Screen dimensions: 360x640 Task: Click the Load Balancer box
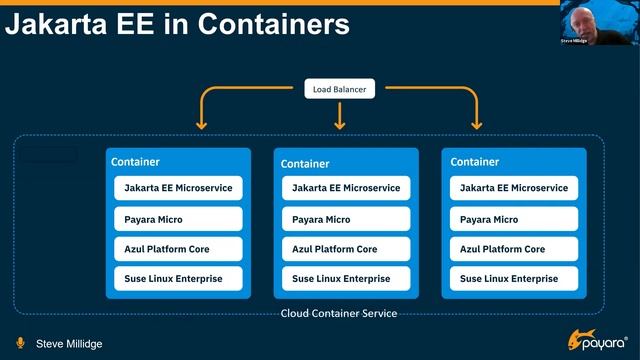339,89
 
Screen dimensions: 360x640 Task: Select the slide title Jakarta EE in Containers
177,24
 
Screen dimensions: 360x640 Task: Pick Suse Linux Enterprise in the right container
514,278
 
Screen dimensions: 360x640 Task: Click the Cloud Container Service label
338,313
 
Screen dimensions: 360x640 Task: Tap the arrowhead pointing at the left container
201,125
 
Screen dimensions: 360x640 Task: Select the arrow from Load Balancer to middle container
339,114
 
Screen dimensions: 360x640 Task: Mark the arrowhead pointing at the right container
477,125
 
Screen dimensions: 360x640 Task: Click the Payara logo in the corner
597,340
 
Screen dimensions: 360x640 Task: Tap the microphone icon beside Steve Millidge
19,343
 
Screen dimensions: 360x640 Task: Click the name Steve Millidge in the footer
69,344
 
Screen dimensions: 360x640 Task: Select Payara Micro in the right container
514,219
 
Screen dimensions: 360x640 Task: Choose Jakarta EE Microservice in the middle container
346,188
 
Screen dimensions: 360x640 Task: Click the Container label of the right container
475,162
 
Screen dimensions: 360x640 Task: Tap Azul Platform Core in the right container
514,249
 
